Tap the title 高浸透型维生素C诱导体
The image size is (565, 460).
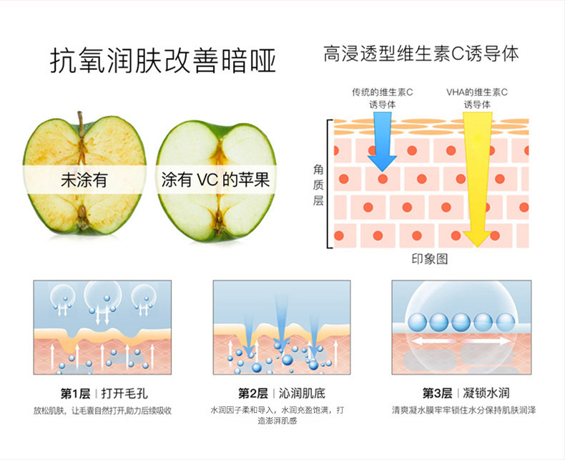pyautogui.click(x=421, y=54)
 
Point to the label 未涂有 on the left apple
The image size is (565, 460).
pyautogui.click(x=83, y=180)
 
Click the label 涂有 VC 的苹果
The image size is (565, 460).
pyautogui.click(x=215, y=179)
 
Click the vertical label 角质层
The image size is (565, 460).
pyautogui.click(x=318, y=185)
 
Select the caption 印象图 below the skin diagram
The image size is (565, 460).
pyautogui.click(x=430, y=259)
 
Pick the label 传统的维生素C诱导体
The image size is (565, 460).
pyautogui.click(x=383, y=98)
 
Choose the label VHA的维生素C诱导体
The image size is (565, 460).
pyautogui.click(x=477, y=98)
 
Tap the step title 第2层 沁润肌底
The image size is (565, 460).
pyautogui.click(x=281, y=393)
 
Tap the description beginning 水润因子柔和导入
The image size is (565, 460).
pyautogui.click(x=281, y=416)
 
